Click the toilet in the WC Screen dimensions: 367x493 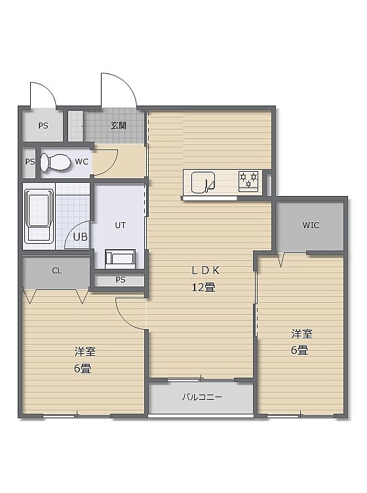(55, 162)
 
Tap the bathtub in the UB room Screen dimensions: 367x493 (39, 216)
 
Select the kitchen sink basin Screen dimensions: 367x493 (203, 182)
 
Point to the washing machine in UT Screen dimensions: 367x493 (121, 259)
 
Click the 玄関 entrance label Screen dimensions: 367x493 (119, 126)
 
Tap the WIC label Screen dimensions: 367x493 (311, 225)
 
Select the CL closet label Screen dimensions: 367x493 (57, 270)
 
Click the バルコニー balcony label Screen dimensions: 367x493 (202, 397)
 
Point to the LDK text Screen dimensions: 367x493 (205, 270)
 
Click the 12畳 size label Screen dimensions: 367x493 (203, 287)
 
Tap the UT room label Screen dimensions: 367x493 (121, 225)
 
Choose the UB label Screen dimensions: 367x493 (80, 237)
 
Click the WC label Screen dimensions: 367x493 (82, 162)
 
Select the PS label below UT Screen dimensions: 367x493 (121, 279)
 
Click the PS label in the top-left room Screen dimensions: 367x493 (43, 126)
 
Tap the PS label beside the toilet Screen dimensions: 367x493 (30, 162)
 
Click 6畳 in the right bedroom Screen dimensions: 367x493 (299, 350)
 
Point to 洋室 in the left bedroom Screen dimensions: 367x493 (85, 351)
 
